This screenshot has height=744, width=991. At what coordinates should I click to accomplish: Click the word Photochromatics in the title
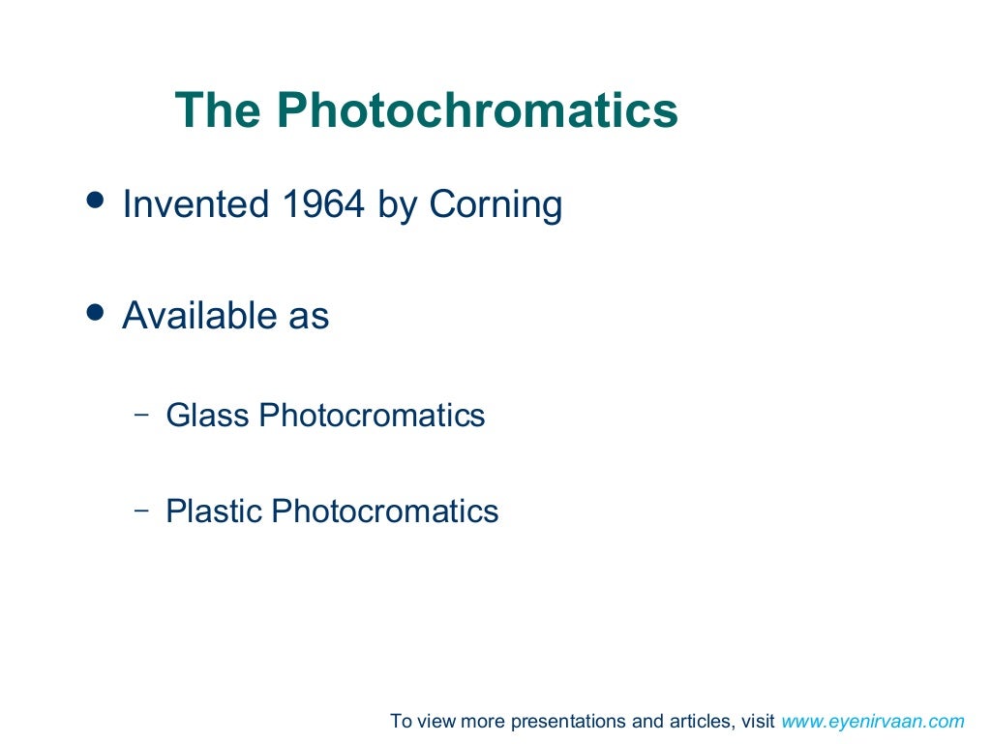tap(477, 110)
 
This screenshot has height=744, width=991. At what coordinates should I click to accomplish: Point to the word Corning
tap(495, 204)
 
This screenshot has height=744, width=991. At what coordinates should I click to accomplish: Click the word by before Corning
tap(398, 206)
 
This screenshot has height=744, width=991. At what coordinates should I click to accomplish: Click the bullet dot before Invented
tap(94, 200)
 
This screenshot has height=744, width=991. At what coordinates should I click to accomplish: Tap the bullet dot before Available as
tap(94, 311)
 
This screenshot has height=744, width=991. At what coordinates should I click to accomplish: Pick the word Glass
tap(207, 416)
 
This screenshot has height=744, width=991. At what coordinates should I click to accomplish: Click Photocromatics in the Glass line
tap(372, 416)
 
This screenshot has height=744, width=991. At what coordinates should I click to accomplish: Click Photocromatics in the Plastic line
tap(385, 511)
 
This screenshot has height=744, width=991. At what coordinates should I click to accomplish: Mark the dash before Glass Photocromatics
tap(141, 414)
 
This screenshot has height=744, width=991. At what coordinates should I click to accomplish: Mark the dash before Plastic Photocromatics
tap(141, 509)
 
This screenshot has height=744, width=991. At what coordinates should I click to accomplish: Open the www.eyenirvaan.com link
tap(873, 721)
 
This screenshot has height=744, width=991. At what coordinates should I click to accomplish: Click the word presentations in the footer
tap(570, 722)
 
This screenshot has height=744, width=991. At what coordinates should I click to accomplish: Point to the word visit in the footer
tap(758, 721)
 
